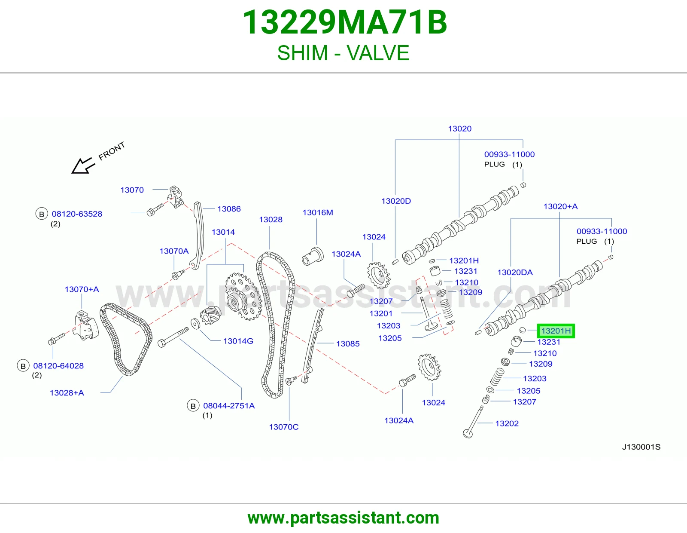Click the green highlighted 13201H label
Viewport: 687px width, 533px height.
click(556, 331)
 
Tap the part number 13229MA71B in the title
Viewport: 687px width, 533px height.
click(345, 22)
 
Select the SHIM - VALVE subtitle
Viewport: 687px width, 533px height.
click(343, 53)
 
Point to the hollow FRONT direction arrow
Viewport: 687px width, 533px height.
click(83, 166)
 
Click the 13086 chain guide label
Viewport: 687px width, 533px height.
click(229, 209)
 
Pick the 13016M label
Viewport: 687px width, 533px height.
click(318, 212)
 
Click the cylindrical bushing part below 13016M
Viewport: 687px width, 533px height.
click(313, 256)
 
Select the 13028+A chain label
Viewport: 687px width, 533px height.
click(67, 393)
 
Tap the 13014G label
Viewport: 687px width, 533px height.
click(238, 341)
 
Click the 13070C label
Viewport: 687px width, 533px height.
click(283, 427)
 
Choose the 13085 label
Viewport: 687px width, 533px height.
click(348, 344)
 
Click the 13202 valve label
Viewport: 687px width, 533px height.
click(507, 423)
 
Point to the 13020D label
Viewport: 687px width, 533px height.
click(396, 201)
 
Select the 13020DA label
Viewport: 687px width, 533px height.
click(515, 272)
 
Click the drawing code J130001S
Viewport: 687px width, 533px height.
click(641, 447)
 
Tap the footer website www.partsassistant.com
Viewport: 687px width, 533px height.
click(343, 518)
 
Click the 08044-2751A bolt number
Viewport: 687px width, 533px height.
click(229, 406)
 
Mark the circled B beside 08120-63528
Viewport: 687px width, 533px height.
click(41, 214)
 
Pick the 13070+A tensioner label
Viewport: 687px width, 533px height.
click(82, 289)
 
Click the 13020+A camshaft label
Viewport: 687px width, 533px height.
click(560, 206)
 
